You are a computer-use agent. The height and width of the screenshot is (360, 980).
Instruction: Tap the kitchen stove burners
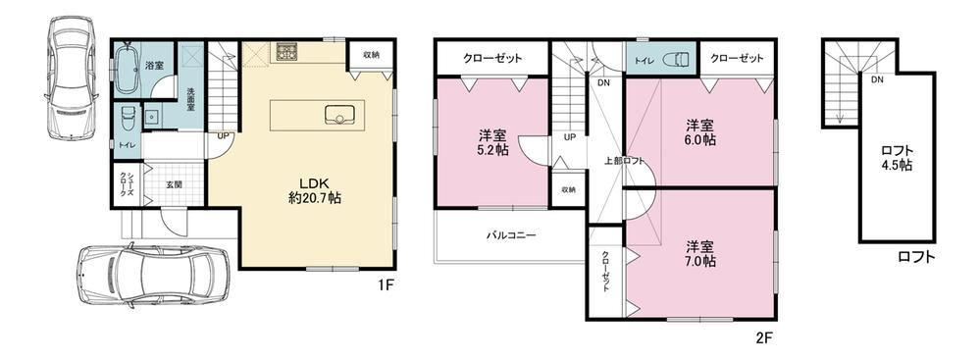pos(286,51)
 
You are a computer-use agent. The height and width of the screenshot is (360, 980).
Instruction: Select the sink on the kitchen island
pos(339,115)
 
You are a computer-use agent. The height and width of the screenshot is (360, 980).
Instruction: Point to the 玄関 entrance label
pos(175,184)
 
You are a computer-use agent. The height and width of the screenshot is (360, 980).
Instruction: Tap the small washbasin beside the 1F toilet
pos(151,118)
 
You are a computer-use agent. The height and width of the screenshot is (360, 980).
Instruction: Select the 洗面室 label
pos(191,99)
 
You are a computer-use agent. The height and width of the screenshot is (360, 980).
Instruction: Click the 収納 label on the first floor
pos(371,55)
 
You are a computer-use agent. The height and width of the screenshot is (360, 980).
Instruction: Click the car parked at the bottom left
pos(152,275)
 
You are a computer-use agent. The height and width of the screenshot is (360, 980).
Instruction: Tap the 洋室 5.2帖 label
pos(493,142)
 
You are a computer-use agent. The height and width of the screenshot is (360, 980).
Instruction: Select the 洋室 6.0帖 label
pos(699,131)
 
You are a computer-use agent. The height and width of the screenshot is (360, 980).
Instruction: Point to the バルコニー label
pos(511,236)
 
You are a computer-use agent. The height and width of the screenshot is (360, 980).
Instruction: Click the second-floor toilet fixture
pos(676,60)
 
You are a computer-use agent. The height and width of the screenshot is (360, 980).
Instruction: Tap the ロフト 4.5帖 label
pos(898,159)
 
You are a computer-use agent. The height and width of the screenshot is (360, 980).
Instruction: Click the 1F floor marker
pos(385,285)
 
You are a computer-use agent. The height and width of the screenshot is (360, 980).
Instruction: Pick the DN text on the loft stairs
pos(877,80)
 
